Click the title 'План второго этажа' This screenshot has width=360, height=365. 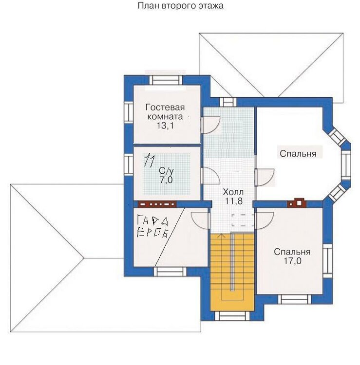point(181,6)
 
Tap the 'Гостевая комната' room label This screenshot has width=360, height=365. point(165,112)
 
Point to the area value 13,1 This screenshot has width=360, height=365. point(165,126)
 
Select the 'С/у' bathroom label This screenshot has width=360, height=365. point(166,171)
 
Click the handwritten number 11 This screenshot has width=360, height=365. point(149,160)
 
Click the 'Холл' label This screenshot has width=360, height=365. point(233,192)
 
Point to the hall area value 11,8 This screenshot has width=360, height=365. point(234,201)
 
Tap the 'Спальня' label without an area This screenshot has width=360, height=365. point(298,154)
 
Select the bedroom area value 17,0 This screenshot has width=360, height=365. point(292,261)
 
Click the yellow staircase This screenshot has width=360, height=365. point(232,272)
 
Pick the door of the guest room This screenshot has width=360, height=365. point(210,125)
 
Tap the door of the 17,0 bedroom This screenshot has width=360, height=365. point(264,220)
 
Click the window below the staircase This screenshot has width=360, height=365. point(232,316)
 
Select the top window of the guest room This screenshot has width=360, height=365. point(166,80)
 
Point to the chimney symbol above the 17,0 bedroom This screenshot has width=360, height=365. point(296,203)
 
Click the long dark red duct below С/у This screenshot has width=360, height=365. point(157,204)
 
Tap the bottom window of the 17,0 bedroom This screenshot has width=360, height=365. point(295,299)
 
